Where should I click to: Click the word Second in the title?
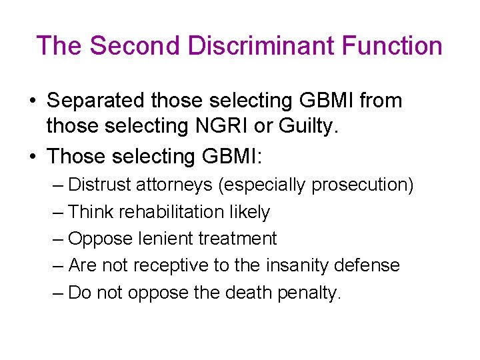point(135,46)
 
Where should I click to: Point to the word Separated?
point(96,101)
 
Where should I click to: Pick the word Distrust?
point(99,184)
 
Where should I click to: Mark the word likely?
point(249,212)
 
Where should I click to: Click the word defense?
point(367,265)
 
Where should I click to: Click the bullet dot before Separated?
point(32,101)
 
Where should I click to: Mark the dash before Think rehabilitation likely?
point(58,212)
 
